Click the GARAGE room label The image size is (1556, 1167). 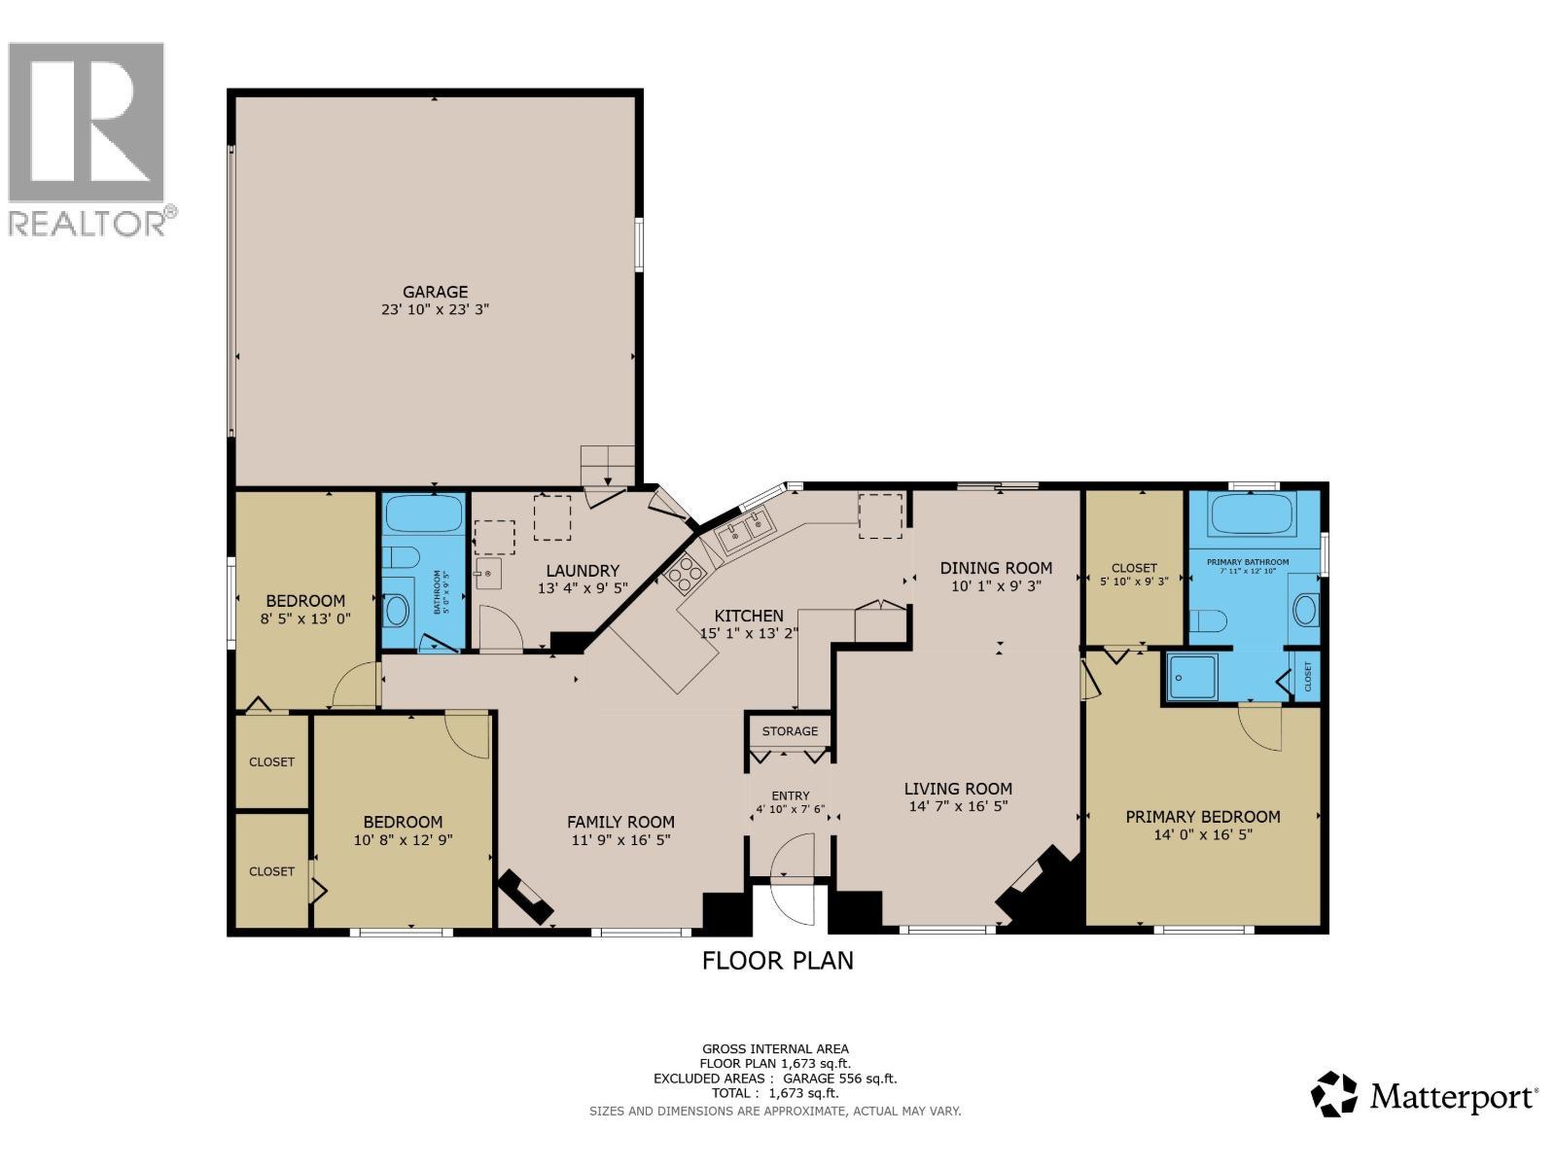coord(436,292)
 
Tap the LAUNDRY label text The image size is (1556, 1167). coord(583,571)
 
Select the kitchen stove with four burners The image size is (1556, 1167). coord(685,572)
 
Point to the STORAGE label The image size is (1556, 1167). coord(790,731)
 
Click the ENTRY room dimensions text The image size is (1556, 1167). coord(790,809)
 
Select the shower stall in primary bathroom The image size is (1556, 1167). coord(1191,676)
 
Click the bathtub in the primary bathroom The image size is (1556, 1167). coord(1252,513)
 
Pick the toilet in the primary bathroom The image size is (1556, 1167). coord(1209,621)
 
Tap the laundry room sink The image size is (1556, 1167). coord(488,574)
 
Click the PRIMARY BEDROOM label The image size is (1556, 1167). coord(1203,817)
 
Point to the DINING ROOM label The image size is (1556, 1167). coord(996,568)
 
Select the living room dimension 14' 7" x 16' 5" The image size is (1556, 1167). coord(958,806)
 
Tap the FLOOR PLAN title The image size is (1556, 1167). coord(778,961)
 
